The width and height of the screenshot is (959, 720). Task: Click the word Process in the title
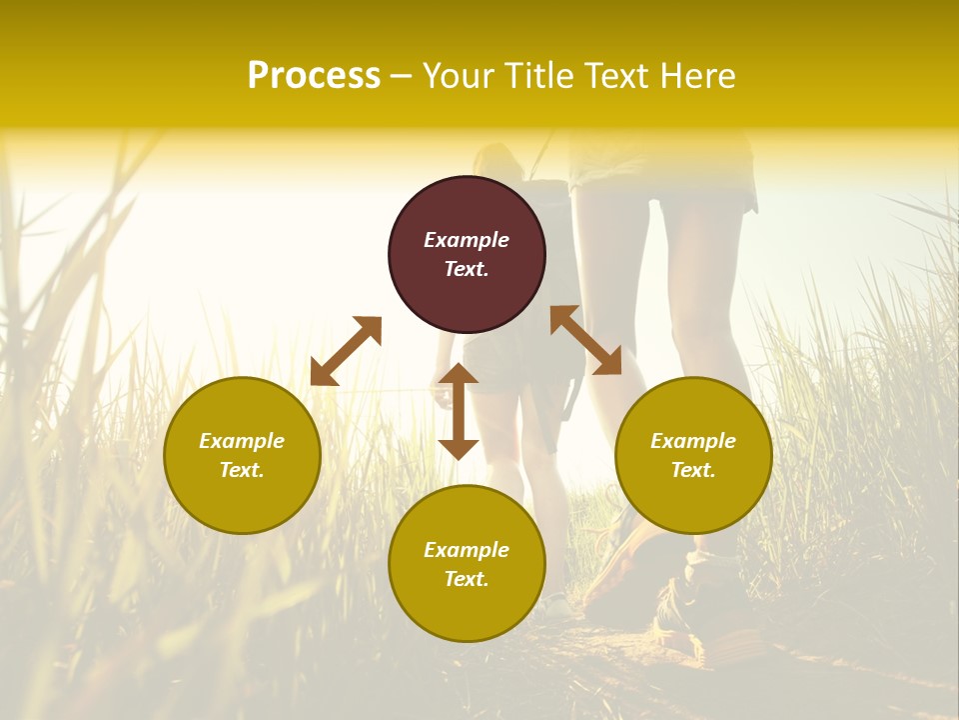coord(314,76)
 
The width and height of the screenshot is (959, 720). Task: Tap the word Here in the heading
coord(695,76)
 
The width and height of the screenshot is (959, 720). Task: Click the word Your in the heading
coord(459,76)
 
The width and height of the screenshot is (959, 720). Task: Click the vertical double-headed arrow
coord(459,412)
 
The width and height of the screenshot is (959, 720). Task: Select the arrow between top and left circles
coord(346,350)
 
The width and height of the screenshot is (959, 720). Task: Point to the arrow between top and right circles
coord(585,340)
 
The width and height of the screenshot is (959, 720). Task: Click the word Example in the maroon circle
coord(467,240)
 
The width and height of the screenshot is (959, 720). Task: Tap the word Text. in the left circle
coord(242,470)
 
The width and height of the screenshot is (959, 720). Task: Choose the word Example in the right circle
coord(693,441)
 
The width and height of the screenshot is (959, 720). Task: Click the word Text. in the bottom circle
coord(467,579)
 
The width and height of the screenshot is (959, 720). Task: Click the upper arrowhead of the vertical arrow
coord(459,374)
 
